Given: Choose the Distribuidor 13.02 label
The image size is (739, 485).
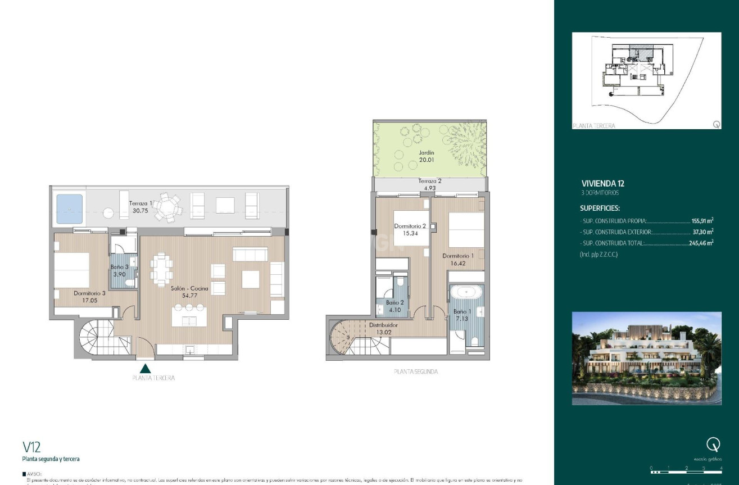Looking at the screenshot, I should [383, 328].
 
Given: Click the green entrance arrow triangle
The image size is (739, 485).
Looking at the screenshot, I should [146, 368].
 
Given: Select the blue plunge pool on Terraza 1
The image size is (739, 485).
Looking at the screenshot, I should [69, 207].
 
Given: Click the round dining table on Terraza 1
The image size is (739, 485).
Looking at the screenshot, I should [169, 207].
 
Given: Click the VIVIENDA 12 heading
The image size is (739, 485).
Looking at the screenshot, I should [603, 183].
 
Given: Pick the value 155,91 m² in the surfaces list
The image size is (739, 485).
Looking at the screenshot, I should [702, 221].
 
